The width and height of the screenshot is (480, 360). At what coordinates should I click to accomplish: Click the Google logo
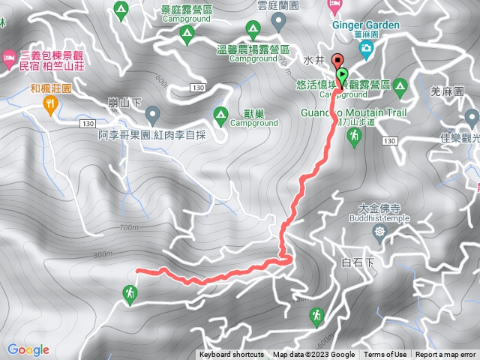click(x=28, y=349)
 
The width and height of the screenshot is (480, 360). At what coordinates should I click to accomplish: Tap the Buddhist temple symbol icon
click(x=381, y=230)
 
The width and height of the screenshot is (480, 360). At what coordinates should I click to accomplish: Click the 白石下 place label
click(x=356, y=262)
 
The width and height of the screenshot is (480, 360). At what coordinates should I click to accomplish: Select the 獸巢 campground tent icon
click(x=220, y=115)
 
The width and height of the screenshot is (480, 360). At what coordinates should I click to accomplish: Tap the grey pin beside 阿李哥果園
click(x=153, y=115)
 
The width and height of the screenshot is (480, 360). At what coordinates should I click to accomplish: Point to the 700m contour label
click(x=128, y=226)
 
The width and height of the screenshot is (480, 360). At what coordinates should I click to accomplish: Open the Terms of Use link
click(x=385, y=355)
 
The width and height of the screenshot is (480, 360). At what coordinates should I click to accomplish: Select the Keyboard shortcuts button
click(x=231, y=355)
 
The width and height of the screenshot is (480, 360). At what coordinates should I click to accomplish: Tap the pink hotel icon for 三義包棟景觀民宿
click(x=9, y=56)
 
